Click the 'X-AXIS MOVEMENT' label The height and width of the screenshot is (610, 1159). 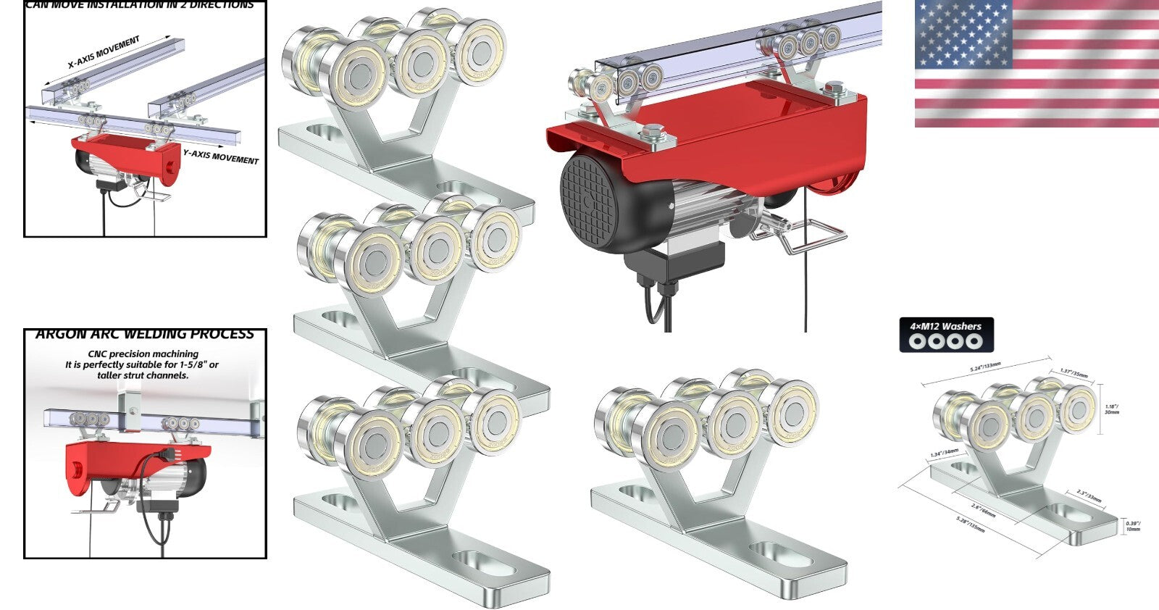point(104,52)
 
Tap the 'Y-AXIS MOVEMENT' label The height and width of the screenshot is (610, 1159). point(220,156)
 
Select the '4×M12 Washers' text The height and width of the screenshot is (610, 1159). point(945,326)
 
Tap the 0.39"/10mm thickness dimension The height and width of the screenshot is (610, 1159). point(1132,525)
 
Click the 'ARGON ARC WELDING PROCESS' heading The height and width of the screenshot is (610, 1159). point(145,335)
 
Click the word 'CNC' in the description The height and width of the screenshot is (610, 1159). point(97,354)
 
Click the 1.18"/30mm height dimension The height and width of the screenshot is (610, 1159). point(1112,409)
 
